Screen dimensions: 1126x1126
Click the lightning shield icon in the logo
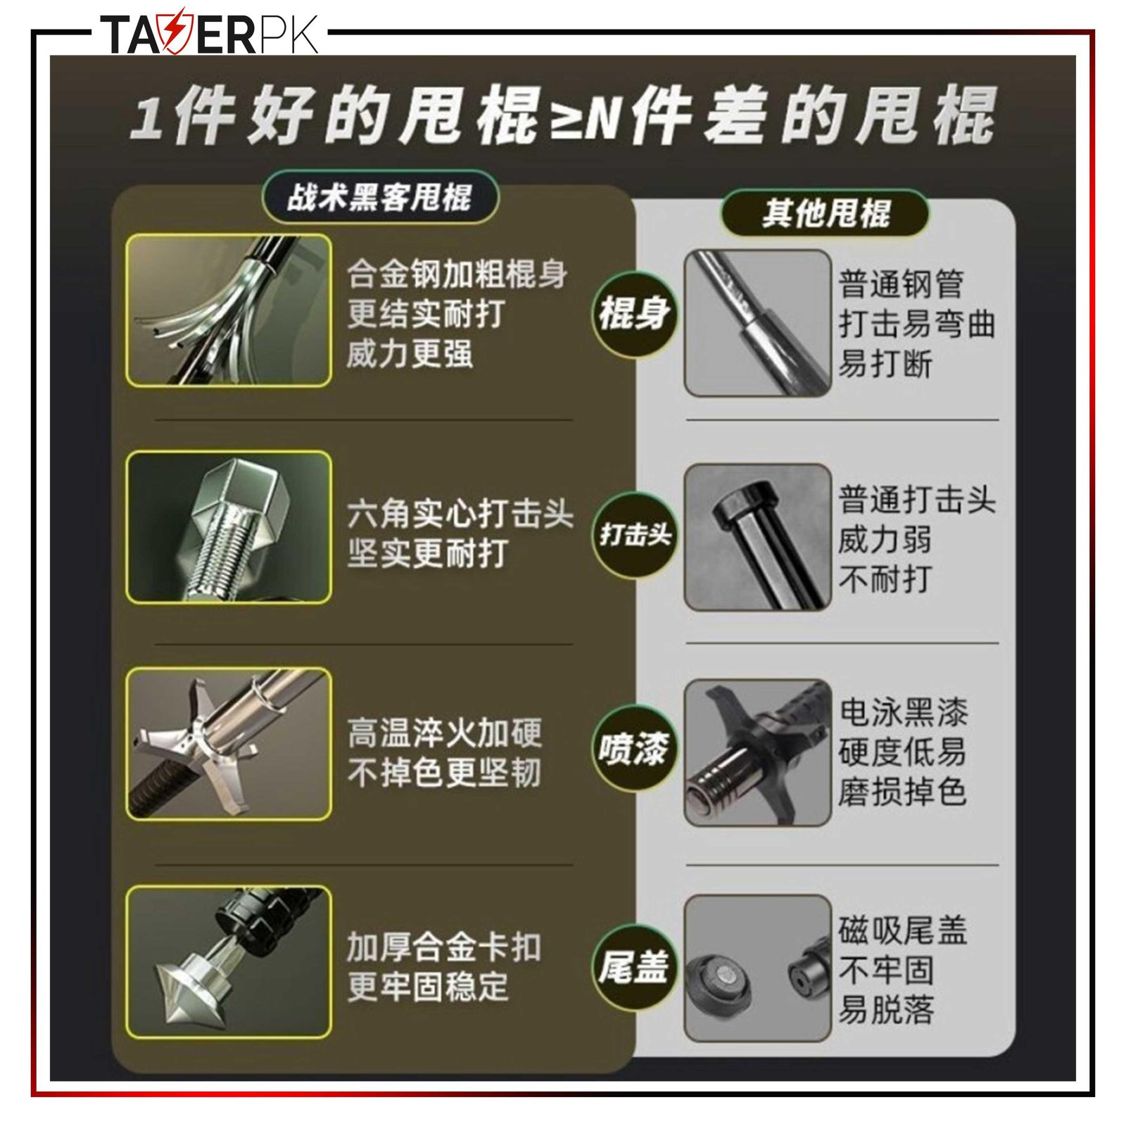(x=172, y=32)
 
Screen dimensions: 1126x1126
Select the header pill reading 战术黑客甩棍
(x=380, y=197)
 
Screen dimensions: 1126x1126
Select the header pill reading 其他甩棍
(x=825, y=213)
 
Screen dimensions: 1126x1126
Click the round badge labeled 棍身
(x=634, y=313)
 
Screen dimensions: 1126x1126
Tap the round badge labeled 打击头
(x=634, y=535)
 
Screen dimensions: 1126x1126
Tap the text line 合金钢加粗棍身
(x=457, y=274)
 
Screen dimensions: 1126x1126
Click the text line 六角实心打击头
(x=460, y=514)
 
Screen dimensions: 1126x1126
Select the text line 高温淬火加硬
(x=445, y=733)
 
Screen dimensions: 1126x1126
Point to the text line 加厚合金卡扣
(x=445, y=947)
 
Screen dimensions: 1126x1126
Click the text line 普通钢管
(x=902, y=284)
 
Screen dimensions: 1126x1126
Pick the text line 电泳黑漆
(x=904, y=712)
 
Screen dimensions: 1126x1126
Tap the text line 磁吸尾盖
(x=904, y=930)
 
